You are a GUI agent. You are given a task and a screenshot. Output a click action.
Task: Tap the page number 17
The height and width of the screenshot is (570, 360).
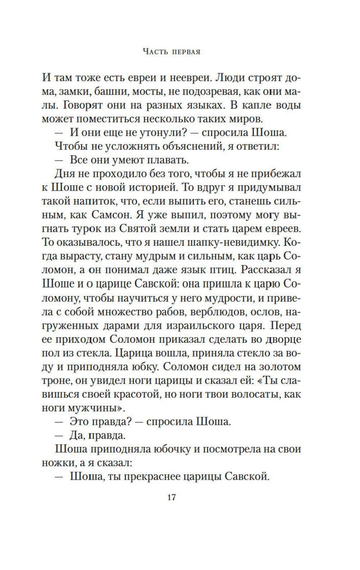pyautogui.click(x=171, y=498)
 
